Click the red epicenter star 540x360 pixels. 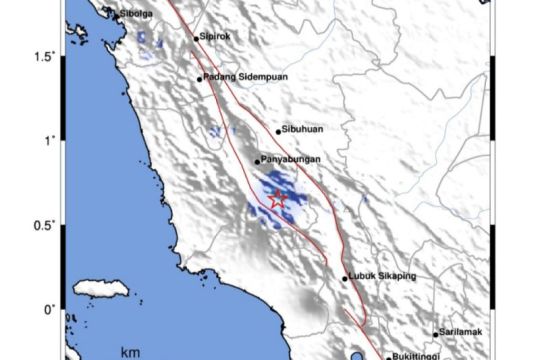277,199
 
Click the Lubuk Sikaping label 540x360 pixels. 382,277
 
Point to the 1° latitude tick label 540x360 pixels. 48,141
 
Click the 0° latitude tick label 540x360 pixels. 48,308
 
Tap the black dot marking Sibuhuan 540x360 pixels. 278,131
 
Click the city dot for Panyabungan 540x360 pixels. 257,161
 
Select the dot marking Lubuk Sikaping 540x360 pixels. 345,279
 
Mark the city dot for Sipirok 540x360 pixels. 196,39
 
